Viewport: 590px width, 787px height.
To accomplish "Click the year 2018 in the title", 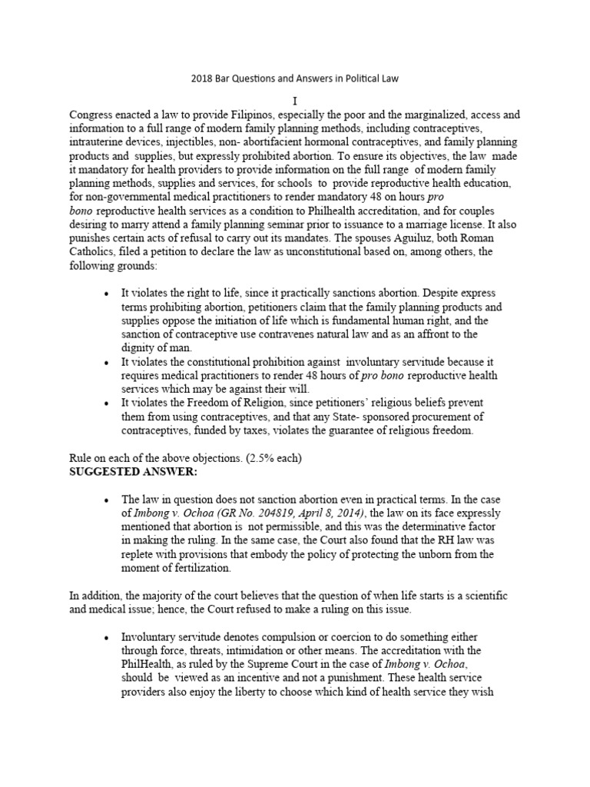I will click(x=201, y=78).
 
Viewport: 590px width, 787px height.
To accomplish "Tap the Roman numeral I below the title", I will click(x=294, y=101).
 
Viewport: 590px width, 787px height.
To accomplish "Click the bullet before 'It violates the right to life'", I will click(x=105, y=294).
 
